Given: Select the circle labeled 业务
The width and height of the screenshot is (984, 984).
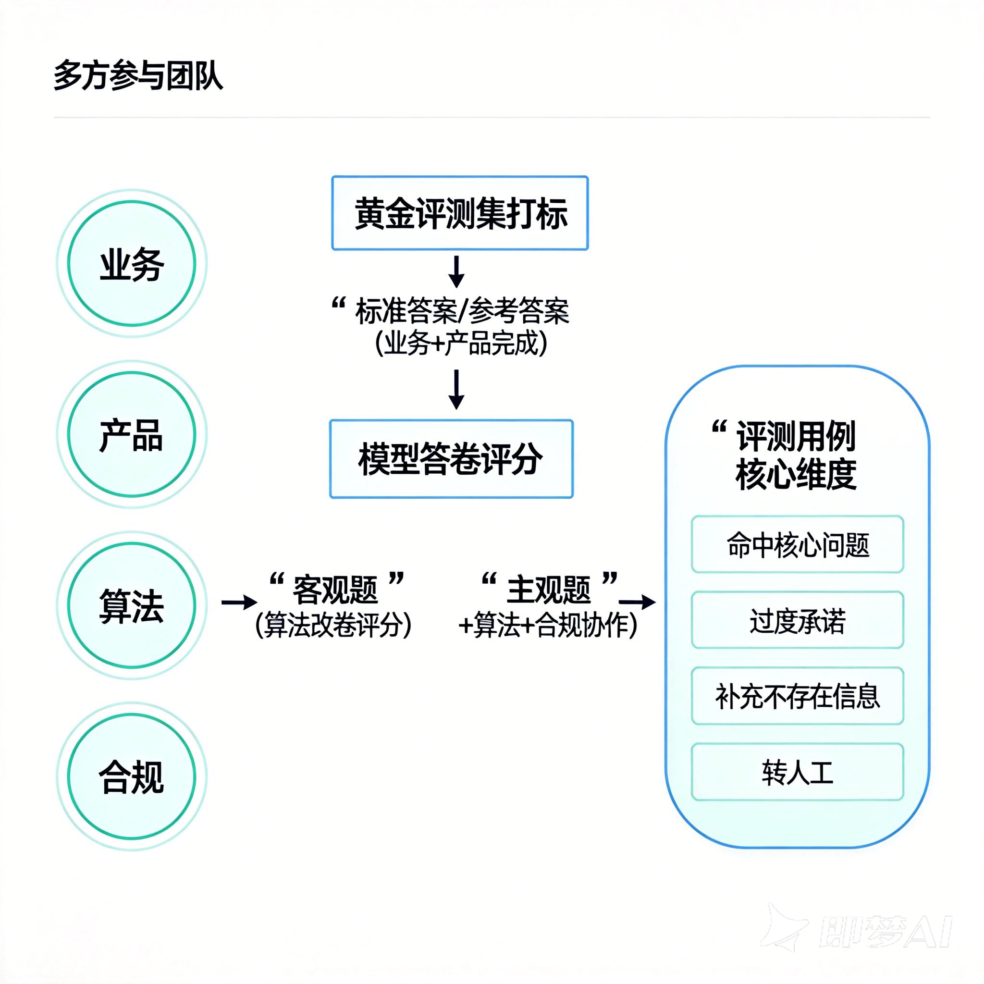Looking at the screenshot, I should coord(132,263).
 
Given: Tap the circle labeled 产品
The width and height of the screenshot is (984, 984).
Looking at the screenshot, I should coord(132,434).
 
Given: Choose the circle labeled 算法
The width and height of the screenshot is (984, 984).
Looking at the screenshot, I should coord(132,605).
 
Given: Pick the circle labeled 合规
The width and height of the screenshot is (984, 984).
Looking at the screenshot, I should coord(132,776).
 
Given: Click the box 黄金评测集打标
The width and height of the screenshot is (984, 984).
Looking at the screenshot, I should coord(460,213).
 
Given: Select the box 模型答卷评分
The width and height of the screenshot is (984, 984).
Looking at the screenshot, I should coord(451,458).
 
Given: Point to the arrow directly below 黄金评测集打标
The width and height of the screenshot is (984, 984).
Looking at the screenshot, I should coord(456,272).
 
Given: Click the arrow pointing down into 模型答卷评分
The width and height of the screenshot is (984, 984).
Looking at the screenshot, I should coord(456,390).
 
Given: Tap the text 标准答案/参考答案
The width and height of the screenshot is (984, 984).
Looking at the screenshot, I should coord(461,311).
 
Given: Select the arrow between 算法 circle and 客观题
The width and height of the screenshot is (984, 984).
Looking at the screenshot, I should coord(239,602).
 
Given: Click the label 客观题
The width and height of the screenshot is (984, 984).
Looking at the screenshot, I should coord(335,589).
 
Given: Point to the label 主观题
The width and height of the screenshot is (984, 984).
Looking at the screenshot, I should coord(549,589).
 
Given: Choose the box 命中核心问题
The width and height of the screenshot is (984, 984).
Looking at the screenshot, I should coord(797,544).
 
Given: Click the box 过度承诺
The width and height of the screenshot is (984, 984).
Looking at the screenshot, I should coord(797,620).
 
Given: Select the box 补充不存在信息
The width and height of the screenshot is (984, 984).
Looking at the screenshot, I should coord(797,696).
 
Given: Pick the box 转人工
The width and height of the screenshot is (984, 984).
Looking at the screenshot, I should coord(797,772).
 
